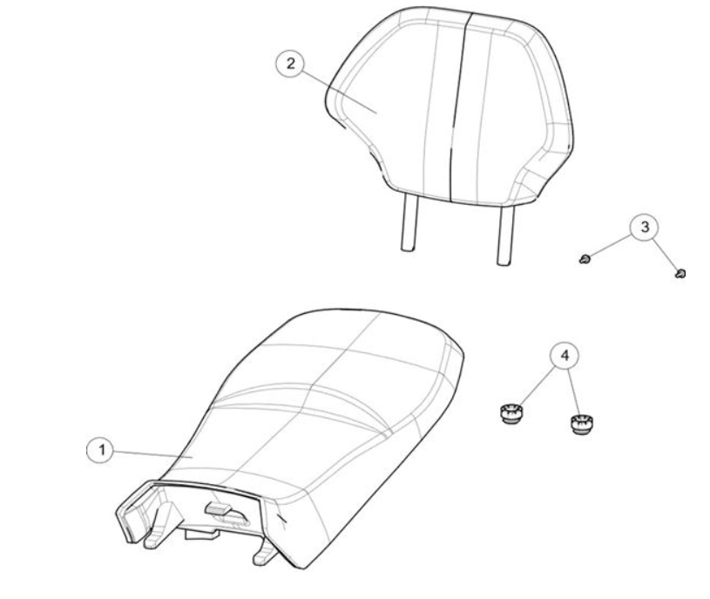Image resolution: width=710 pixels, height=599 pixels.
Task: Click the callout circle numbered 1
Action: (x=101, y=450)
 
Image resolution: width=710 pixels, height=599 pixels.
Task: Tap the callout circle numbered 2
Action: (x=290, y=63)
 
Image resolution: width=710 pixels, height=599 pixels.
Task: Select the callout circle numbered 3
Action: (x=645, y=227)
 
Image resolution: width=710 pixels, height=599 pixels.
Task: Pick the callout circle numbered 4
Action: (x=565, y=355)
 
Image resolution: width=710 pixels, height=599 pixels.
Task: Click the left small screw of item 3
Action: (x=585, y=259)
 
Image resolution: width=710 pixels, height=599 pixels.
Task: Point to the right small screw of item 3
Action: (x=680, y=273)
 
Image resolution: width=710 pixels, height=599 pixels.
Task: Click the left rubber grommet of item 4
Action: (x=511, y=414)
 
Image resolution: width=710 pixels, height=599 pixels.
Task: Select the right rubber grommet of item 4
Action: (x=581, y=425)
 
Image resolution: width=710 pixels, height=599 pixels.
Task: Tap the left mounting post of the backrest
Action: (x=409, y=222)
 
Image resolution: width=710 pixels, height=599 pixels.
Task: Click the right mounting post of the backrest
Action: (x=505, y=235)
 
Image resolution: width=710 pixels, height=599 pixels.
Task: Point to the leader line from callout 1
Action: (x=154, y=454)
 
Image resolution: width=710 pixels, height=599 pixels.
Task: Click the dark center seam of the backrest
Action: (x=460, y=107)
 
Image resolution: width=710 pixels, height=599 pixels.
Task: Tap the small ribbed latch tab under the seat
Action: (x=219, y=508)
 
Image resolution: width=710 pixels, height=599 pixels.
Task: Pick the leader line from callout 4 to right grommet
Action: (x=574, y=392)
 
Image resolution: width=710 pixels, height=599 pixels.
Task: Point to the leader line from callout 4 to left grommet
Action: (x=538, y=386)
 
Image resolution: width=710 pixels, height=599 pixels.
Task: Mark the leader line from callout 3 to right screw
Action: (x=666, y=255)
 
